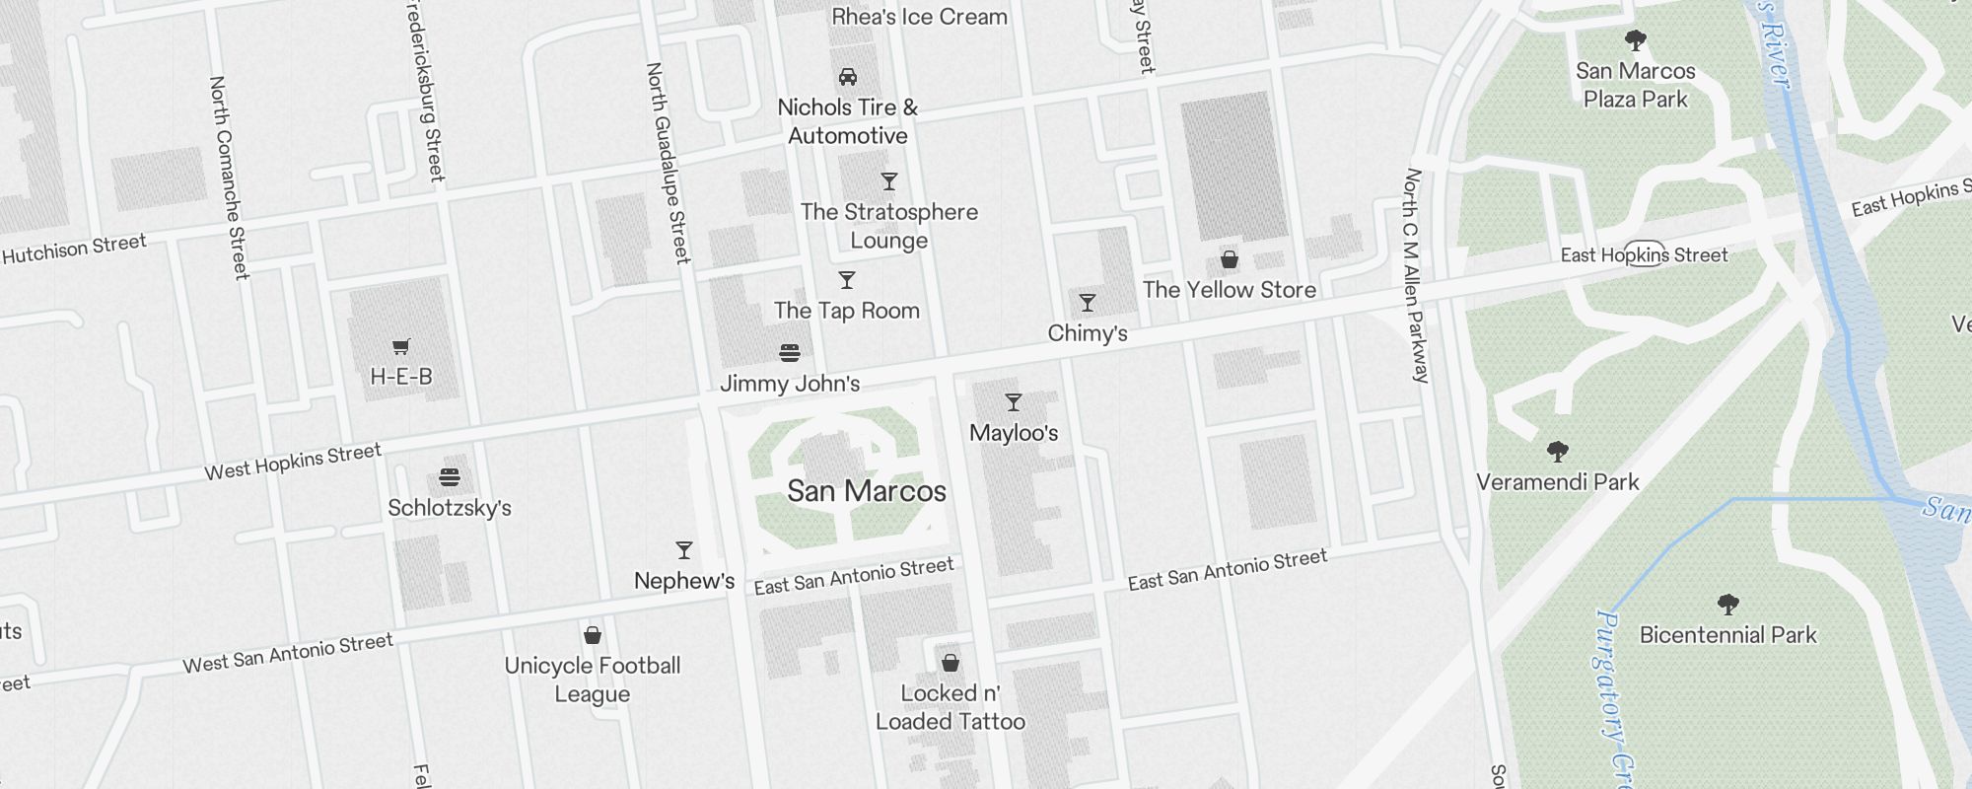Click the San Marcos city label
867,491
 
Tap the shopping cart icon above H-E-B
400,346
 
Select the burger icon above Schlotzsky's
450,477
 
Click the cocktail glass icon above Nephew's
684,550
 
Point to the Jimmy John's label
789,384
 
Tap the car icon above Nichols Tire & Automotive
847,77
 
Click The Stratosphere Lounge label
888,226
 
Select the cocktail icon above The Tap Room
847,280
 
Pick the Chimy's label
1087,333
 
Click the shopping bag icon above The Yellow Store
1230,259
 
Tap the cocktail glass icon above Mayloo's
1014,402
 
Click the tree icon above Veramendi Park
1558,452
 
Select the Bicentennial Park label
1727,635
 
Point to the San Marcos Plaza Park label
1635,85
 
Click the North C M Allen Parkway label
1416,276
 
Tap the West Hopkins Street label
292,462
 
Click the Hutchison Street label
74,249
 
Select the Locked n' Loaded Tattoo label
950,707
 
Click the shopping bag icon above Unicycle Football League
593,635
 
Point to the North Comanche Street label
228,178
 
